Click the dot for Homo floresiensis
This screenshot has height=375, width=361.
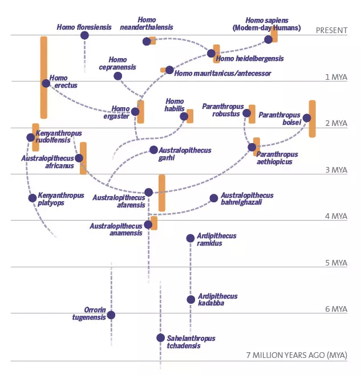pos(84,35)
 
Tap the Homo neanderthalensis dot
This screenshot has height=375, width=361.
pos(147,42)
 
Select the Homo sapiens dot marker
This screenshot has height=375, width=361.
pos(269,40)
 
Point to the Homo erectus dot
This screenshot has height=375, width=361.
pos(46,83)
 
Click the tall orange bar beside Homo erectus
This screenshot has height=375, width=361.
pos(44,78)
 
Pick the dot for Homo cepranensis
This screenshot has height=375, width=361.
pos(118,76)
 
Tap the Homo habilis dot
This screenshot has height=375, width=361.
pos(184,116)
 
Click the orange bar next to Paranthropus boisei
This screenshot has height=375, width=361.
pos(312,119)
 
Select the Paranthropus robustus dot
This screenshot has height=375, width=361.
pos(246,113)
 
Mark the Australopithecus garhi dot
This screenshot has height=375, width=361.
pos(153,150)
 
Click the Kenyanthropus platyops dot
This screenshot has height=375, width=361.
pos(33,198)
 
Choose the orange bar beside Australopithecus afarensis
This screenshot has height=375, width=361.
pos(162,193)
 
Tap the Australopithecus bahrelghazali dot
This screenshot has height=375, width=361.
pos(214,198)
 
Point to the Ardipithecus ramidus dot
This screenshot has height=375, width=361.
pos(190,238)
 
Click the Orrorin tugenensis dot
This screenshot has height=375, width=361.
pos(111,315)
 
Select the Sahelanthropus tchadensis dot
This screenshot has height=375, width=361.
pos(160,338)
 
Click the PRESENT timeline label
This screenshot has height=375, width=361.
pos(331,31)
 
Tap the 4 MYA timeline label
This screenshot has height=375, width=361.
pos(336,216)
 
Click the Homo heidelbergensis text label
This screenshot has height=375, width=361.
pos(250,59)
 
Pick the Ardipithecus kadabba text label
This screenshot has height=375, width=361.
pos(218,300)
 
